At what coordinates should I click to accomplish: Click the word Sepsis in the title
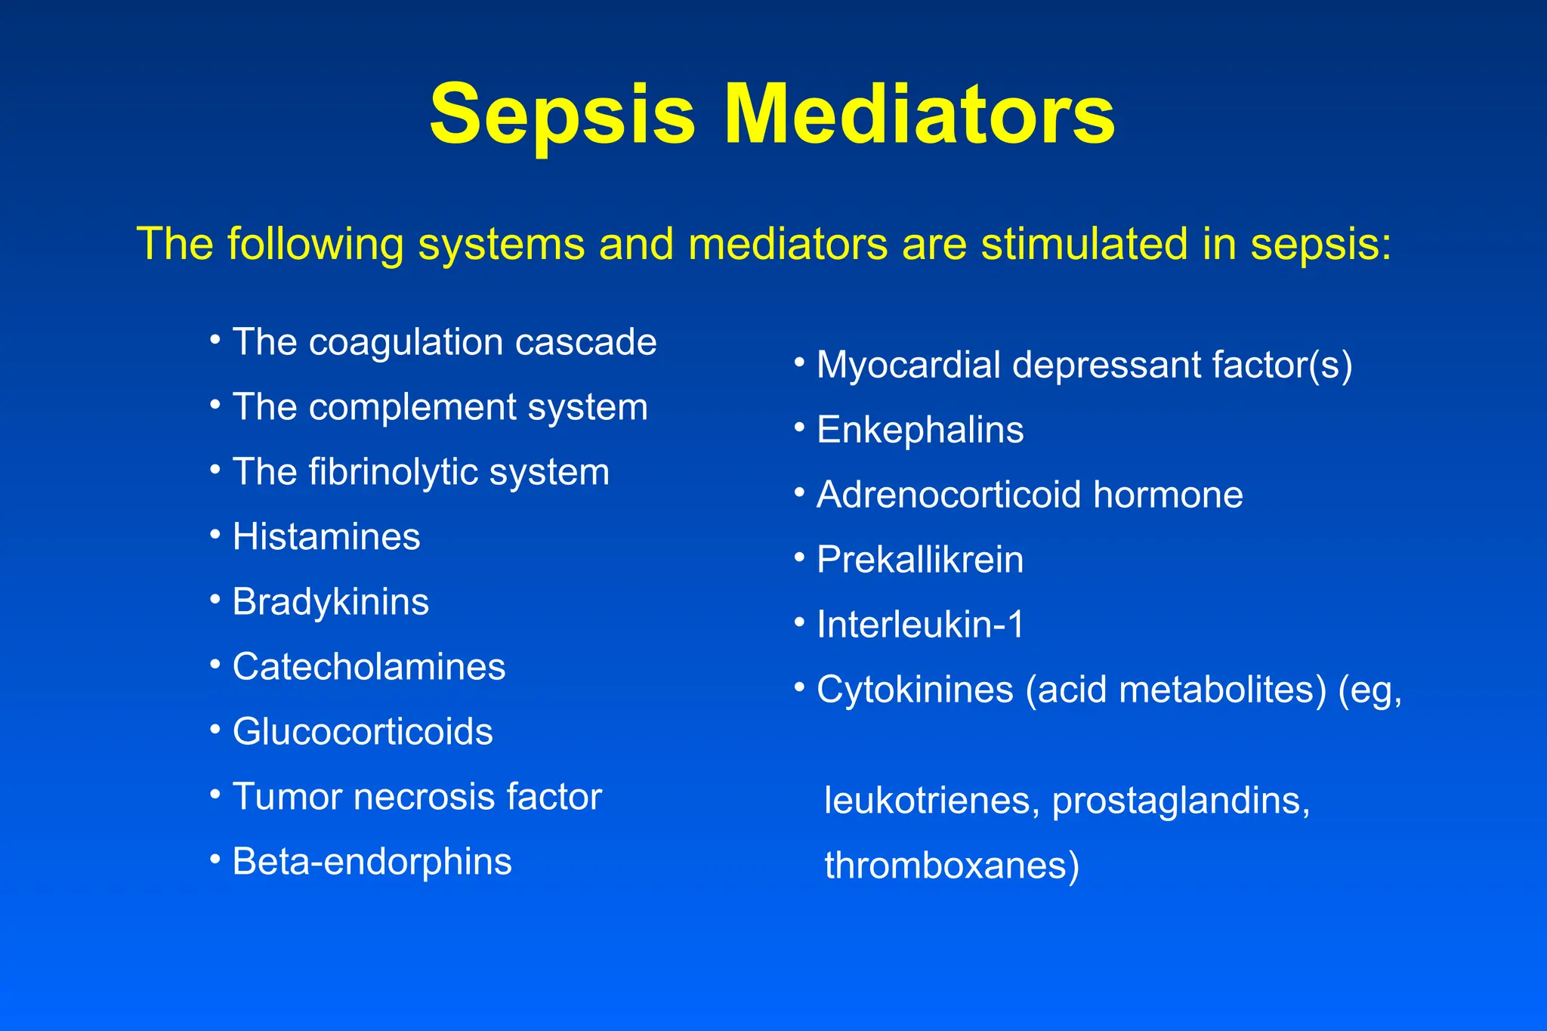(x=562, y=116)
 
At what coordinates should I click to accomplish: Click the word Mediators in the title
(x=919, y=116)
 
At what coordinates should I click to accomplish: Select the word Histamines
(x=326, y=537)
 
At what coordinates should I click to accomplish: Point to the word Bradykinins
(x=331, y=602)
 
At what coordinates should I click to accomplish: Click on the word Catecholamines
(x=369, y=667)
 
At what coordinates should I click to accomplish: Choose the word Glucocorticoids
(x=363, y=732)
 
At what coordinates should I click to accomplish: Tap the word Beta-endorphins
(x=372, y=862)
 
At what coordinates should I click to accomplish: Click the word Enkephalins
(x=920, y=430)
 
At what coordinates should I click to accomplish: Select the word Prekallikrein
(x=920, y=560)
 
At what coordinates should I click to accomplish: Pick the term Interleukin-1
(x=920, y=625)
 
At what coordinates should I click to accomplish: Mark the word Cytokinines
(x=915, y=690)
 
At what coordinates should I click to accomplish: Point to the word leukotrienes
(x=927, y=801)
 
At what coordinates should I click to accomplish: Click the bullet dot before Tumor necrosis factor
(x=215, y=794)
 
